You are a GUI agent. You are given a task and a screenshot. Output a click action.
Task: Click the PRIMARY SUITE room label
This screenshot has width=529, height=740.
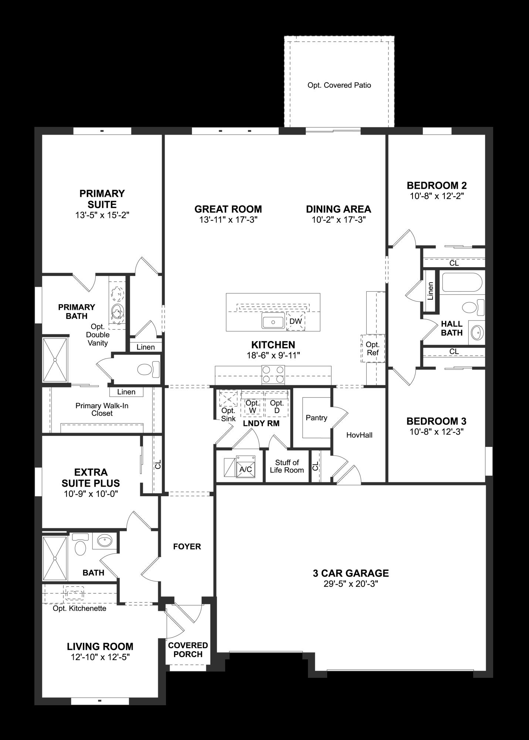click(102, 199)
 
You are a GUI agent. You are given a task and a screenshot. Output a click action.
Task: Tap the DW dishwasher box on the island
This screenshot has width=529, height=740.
click(295, 321)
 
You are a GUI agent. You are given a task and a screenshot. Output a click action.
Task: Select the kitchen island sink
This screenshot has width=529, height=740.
click(273, 321)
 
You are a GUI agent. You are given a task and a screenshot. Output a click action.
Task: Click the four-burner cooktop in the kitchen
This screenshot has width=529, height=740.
click(273, 374)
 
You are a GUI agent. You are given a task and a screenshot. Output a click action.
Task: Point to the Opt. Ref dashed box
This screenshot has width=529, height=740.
click(373, 349)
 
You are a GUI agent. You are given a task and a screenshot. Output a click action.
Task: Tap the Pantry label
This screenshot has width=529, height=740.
click(316, 418)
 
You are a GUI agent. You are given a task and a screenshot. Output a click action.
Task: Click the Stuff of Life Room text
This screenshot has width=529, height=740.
click(287, 466)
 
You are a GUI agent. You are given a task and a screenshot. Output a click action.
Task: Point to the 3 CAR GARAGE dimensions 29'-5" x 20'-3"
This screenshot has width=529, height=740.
click(350, 584)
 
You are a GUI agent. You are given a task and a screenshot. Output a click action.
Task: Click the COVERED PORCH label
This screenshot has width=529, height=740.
click(188, 650)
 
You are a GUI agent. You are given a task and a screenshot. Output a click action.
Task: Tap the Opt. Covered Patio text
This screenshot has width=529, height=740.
click(339, 85)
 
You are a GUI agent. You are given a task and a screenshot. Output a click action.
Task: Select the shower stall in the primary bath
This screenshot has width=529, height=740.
click(55, 359)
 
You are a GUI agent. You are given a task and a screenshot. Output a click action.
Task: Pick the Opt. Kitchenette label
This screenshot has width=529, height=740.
click(79, 608)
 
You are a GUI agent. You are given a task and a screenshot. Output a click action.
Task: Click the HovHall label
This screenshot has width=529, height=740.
click(359, 435)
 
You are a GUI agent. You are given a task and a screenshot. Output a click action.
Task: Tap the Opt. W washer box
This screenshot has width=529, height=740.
click(252, 407)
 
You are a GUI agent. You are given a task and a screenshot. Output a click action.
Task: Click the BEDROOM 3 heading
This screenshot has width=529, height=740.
click(436, 421)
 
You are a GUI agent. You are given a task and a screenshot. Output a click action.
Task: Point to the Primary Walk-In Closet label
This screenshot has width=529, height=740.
click(102, 409)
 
